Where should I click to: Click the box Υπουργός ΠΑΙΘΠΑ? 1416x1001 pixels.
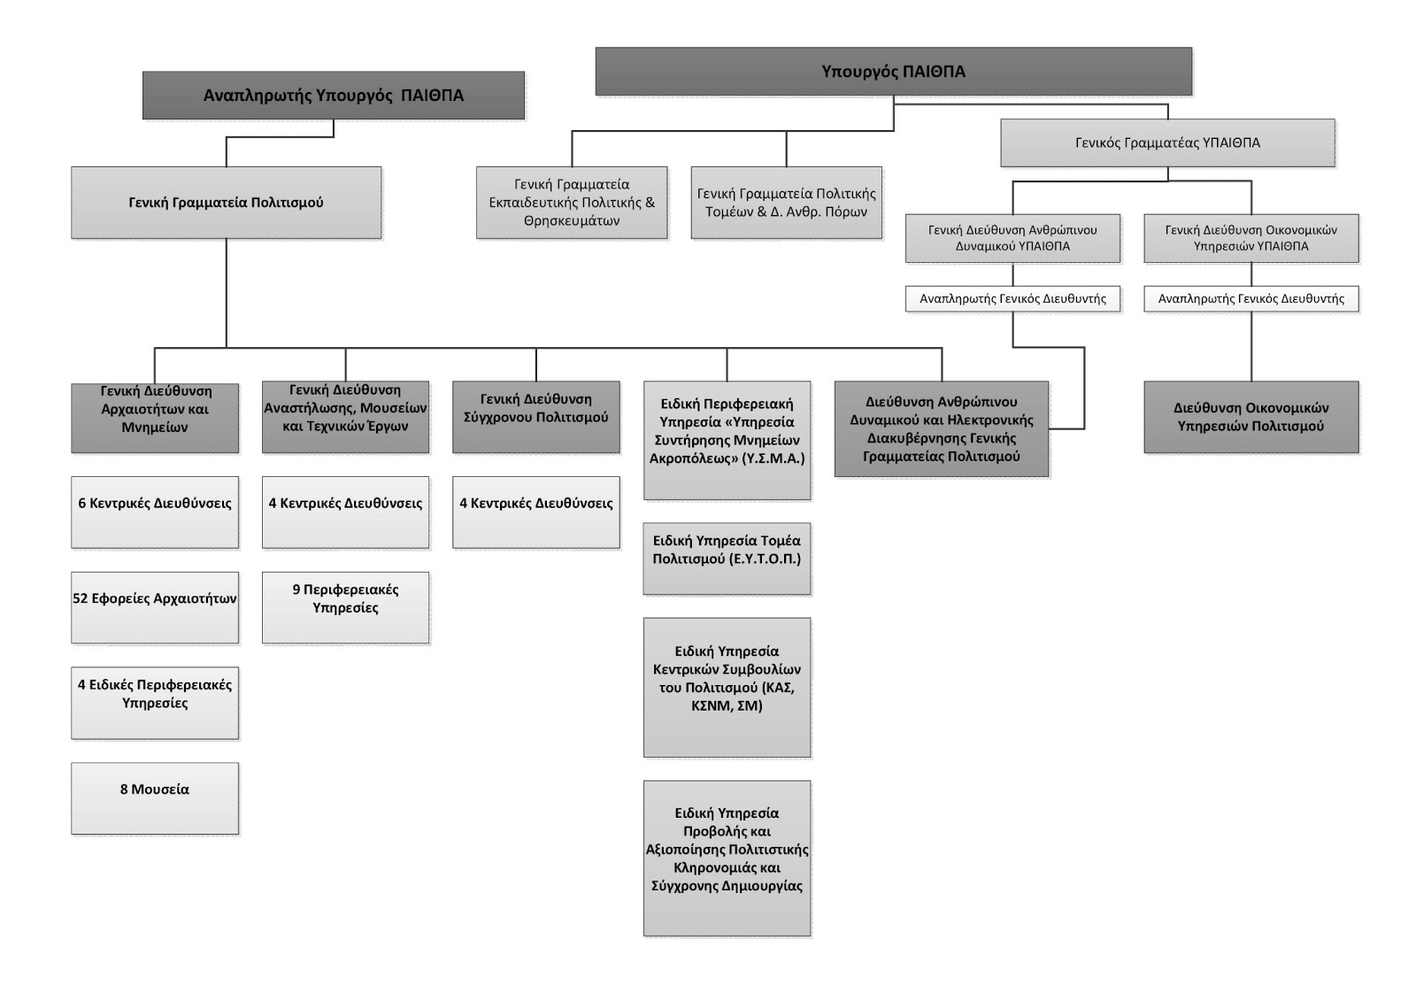coord(893,72)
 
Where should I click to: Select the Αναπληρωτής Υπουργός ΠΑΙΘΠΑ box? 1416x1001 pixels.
coord(333,96)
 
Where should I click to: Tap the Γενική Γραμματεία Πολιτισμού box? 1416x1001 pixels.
coord(227,203)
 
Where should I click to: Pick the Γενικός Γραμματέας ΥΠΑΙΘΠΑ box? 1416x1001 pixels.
coord(1167,142)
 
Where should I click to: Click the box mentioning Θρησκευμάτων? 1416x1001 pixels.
coord(572,203)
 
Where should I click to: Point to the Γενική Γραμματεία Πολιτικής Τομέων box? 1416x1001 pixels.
coord(787,203)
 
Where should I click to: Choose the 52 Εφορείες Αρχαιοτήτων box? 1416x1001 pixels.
coord(155,608)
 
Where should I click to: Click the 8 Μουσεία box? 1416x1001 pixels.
coord(155,798)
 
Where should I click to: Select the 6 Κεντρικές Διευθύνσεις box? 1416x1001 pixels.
coord(155,512)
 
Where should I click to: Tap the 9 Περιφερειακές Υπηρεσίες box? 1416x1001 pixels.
coord(346,608)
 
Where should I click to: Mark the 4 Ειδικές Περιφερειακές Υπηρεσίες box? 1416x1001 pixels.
coord(155,703)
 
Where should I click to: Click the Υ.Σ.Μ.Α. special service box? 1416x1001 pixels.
coord(727,440)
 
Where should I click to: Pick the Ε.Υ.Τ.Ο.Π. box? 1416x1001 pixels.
coord(727,558)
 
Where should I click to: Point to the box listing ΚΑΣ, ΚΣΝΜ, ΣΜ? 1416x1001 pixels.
coord(727,688)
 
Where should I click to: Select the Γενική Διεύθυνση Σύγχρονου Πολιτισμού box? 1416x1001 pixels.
coord(536,417)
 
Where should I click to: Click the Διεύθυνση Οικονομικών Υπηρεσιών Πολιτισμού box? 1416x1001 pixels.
coord(1251,417)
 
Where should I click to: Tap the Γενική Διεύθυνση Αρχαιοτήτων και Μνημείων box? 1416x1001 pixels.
coord(155,418)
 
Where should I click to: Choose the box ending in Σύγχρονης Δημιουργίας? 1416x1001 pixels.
coord(727,859)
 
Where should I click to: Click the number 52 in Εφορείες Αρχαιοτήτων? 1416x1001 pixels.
coord(81,599)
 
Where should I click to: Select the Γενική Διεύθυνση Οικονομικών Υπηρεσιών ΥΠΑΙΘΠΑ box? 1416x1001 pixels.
coord(1251,238)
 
